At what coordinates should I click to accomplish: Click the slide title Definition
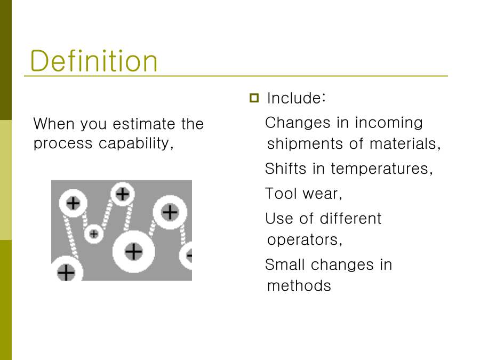(x=94, y=61)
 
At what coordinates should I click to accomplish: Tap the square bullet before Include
(x=254, y=98)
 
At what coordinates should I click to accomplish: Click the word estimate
(x=143, y=124)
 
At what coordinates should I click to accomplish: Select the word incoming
(x=389, y=123)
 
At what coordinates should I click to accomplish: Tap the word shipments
(x=305, y=144)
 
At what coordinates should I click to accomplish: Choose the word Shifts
(x=286, y=169)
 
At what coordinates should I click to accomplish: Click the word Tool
(x=281, y=194)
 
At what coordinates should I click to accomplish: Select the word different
(x=350, y=219)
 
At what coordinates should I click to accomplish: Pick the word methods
(x=299, y=286)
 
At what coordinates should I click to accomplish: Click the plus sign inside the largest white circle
(x=133, y=252)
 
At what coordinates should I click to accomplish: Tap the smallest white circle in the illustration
(x=94, y=234)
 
